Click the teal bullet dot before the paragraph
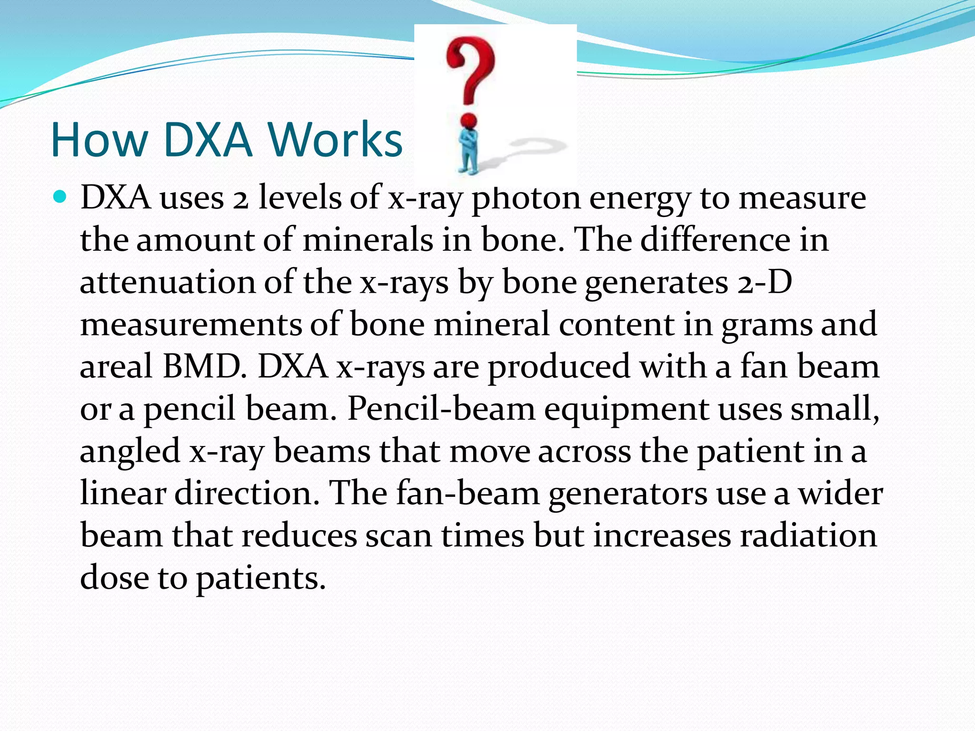pos(60,196)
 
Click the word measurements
pos(190,324)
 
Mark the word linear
pos(123,493)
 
